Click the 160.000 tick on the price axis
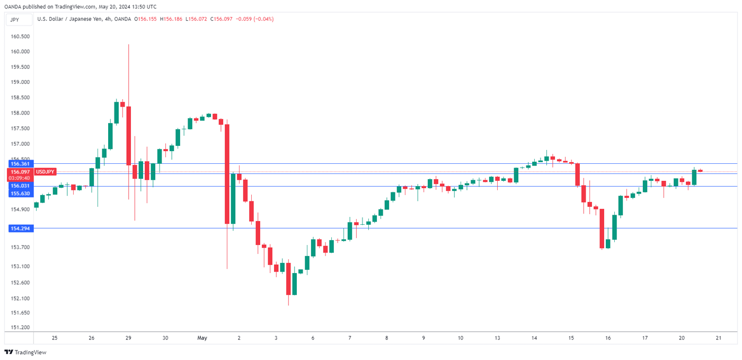pos(20,51)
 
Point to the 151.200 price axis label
pos(20,328)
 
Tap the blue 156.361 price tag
pos(20,164)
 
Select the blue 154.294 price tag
pos(20,228)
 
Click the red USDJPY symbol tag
pos(45,172)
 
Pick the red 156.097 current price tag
pos(20,172)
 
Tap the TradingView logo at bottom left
pos(25,353)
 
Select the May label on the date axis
pos(202,338)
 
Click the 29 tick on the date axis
pos(128,338)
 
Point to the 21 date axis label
pos(718,338)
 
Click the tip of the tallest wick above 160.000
pos(128,45)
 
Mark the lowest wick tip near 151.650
pos(288,305)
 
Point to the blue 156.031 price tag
pos(20,186)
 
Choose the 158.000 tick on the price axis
pos(20,113)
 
